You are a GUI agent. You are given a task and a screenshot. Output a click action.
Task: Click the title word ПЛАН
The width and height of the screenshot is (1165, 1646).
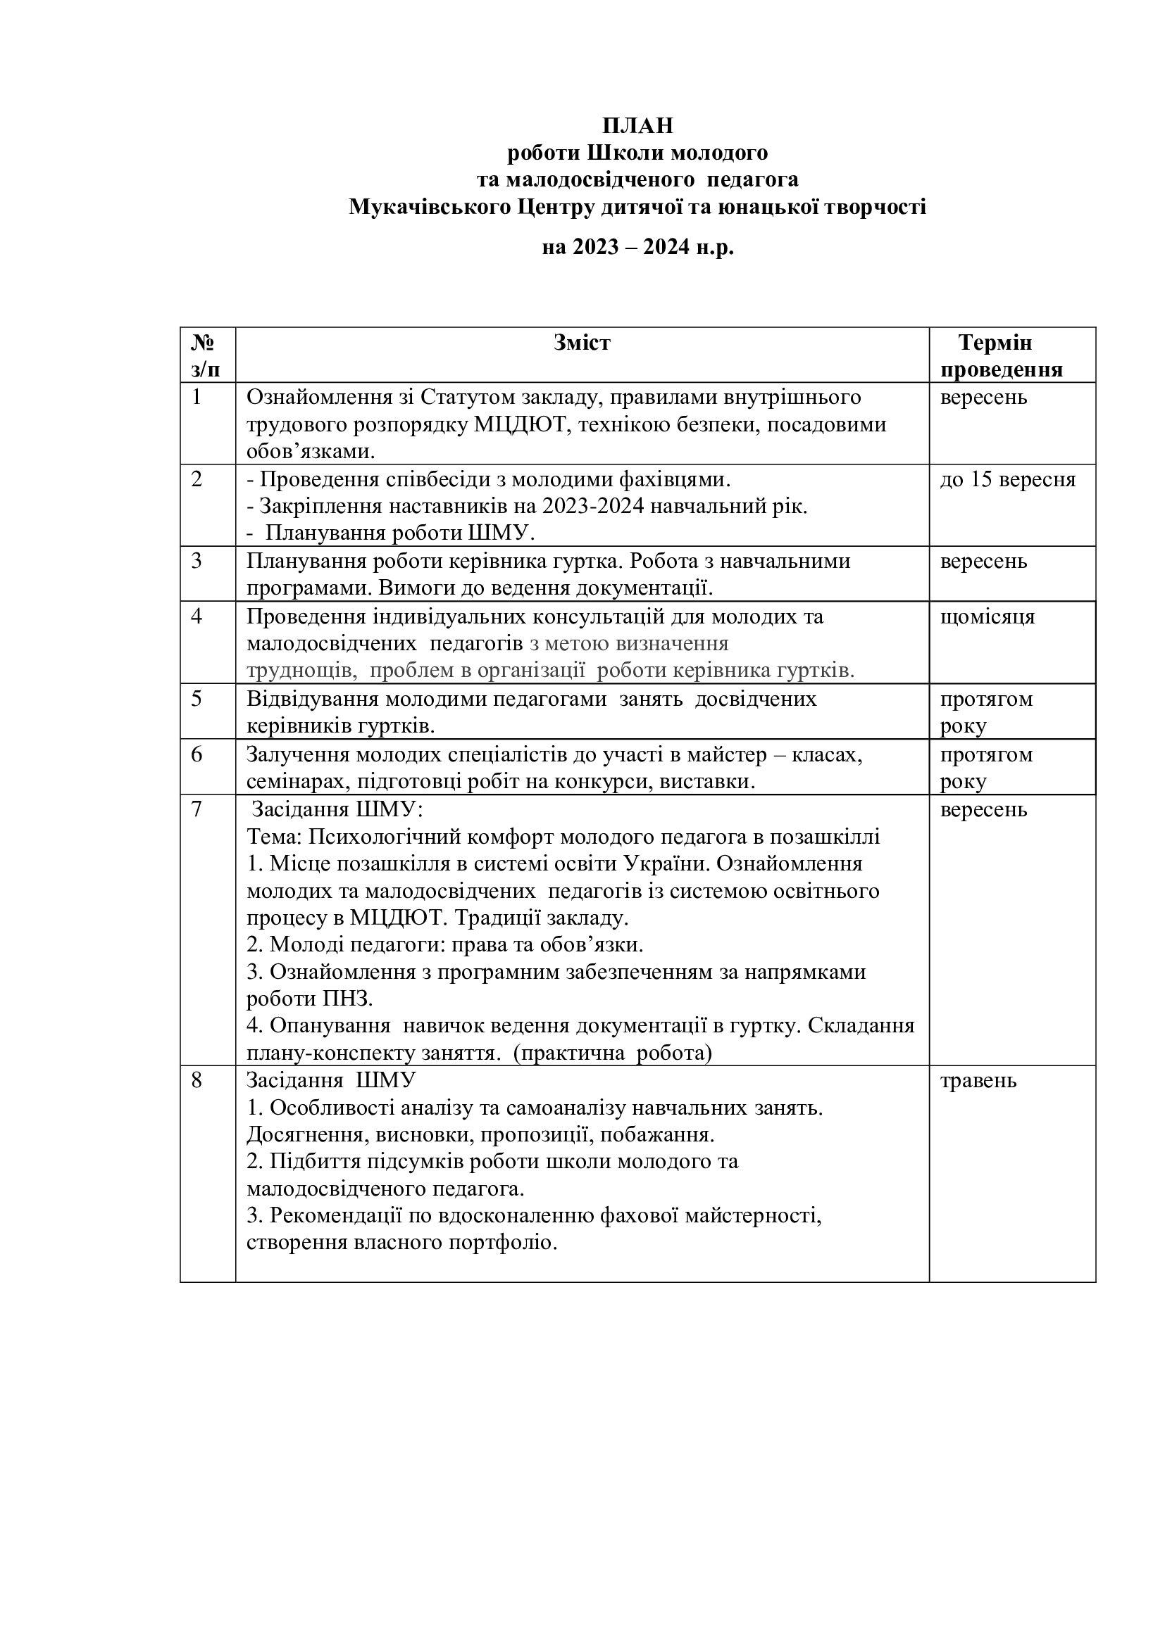click(637, 126)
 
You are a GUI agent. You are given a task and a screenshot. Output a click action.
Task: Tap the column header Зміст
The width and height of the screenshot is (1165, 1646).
click(582, 343)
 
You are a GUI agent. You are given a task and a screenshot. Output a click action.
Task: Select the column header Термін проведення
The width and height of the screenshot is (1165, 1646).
click(1002, 356)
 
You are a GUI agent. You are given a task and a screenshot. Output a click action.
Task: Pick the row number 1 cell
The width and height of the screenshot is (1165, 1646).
click(197, 397)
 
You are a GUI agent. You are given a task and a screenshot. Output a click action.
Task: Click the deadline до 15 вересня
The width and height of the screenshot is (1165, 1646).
click(1008, 479)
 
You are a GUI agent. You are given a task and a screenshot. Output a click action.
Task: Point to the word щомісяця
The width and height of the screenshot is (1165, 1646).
click(988, 616)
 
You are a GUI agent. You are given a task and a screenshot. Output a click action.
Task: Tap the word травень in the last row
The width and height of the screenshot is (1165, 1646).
click(978, 1080)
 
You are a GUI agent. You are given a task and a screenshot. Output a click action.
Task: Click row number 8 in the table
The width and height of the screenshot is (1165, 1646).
click(197, 1080)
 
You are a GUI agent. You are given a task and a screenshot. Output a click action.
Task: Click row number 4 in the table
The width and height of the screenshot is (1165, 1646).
click(197, 616)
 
